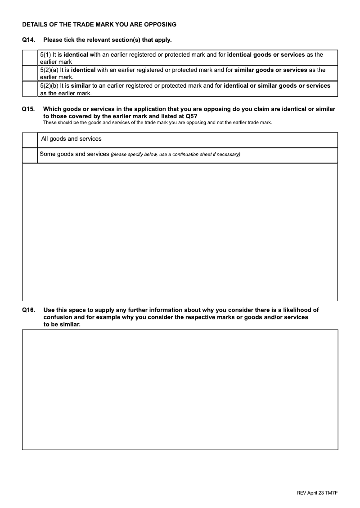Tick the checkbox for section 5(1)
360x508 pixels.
point(30,58)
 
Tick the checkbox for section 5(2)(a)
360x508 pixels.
point(30,73)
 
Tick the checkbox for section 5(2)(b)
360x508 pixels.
point(30,89)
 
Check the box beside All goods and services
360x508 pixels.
point(30,140)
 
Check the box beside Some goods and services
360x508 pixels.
point(30,155)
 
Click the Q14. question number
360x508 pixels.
point(28,40)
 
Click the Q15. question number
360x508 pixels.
point(28,109)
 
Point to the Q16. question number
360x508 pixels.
point(28,310)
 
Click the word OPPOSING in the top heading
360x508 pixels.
point(160,24)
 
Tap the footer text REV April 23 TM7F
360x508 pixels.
point(317,493)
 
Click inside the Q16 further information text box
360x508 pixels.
point(180,389)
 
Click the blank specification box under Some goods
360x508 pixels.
point(180,232)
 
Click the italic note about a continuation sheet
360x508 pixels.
point(175,155)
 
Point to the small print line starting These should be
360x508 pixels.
point(157,122)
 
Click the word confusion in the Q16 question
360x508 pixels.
point(58,317)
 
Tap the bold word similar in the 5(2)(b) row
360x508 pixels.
point(81,85)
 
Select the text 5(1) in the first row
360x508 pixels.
point(45,55)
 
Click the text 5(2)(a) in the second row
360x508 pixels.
point(49,70)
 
